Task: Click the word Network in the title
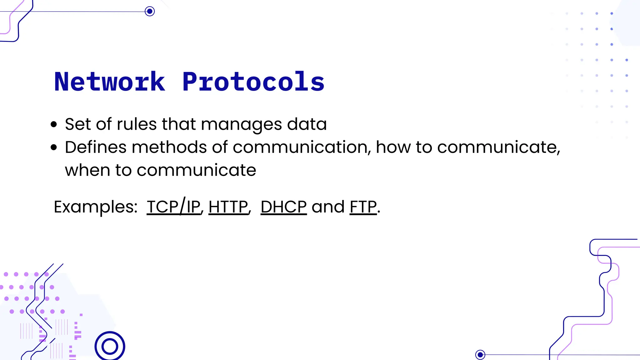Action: click(109, 82)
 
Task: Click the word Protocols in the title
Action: click(253, 82)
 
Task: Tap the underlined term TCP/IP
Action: click(173, 207)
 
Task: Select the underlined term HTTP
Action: click(228, 207)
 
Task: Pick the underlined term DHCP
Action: click(283, 207)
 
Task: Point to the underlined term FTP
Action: click(363, 207)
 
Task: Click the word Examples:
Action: click(96, 207)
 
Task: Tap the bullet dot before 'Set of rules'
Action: click(54, 124)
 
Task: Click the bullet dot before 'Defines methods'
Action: click(54, 147)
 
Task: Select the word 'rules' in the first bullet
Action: click(137, 124)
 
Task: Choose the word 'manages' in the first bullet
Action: click(242, 125)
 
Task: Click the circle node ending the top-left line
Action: click(150, 12)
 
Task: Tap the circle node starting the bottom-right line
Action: click(480, 355)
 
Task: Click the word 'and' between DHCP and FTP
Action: click(328, 207)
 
